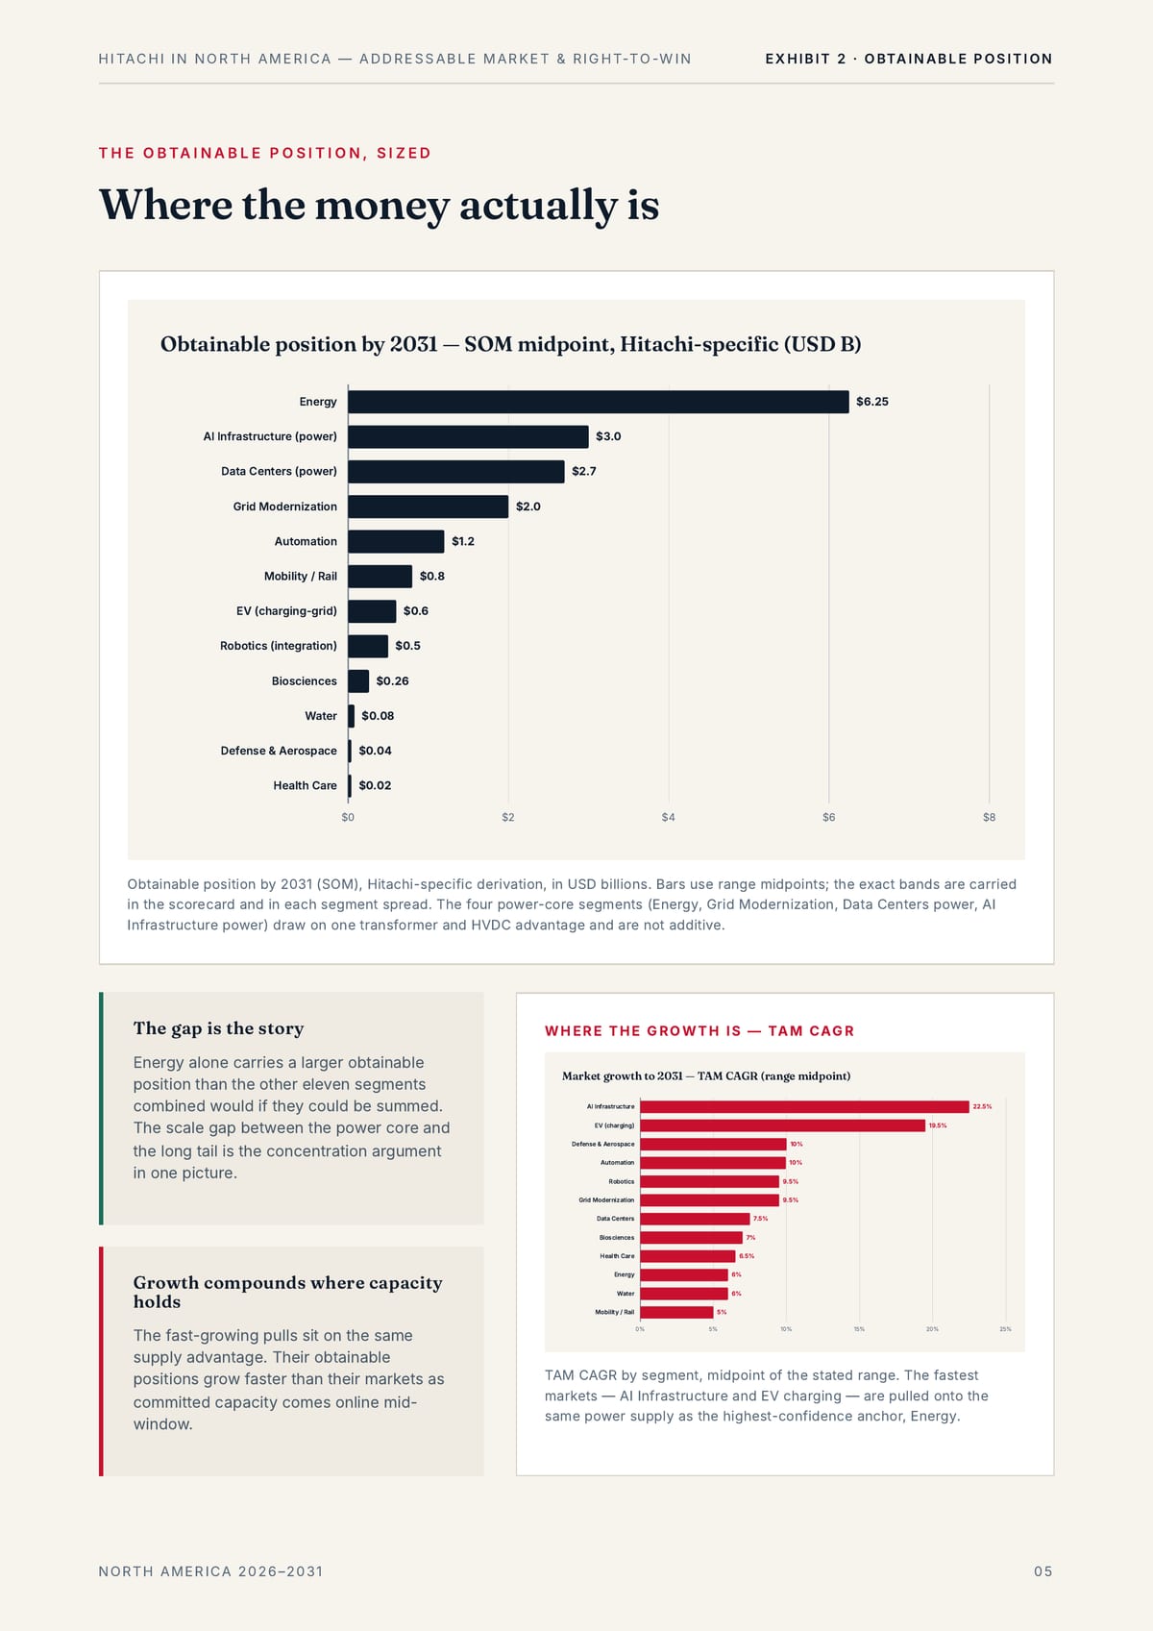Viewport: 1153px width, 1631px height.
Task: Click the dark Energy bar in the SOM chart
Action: click(x=599, y=401)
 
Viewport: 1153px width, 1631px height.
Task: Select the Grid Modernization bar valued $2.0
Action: click(x=428, y=507)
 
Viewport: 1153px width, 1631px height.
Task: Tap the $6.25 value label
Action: click(x=872, y=401)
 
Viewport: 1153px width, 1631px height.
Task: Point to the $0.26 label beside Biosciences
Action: click(x=392, y=680)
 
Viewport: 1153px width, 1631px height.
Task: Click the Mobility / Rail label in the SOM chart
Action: click(x=301, y=576)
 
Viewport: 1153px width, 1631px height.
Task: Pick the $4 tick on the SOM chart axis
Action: click(x=668, y=817)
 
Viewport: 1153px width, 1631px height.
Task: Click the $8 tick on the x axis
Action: click(x=990, y=817)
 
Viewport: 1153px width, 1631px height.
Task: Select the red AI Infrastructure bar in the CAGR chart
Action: click(x=804, y=1107)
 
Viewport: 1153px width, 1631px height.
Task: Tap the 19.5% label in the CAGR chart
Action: click(x=938, y=1125)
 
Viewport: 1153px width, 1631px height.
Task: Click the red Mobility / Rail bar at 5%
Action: click(x=676, y=1312)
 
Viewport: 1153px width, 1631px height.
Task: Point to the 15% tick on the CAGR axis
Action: click(x=859, y=1329)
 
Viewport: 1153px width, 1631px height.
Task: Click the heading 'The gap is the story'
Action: click(x=218, y=1028)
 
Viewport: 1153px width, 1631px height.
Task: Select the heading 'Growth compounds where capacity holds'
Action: click(x=287, y=1292)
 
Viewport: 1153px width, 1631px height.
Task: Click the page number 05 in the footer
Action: click(x=1043, y=1571)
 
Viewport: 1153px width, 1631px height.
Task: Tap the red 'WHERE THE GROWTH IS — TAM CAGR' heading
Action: click(x=699, y=1031)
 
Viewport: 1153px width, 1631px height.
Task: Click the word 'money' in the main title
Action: click(x=382, y=205)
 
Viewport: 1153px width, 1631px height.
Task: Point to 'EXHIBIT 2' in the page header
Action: click(x=806, y=59)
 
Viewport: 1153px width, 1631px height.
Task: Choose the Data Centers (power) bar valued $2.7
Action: click(x=456, y=471)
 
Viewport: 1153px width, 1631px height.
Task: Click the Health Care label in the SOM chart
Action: click(x=305, y=785)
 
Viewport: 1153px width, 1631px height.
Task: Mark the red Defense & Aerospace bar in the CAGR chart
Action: click(x=713, y=1144)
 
